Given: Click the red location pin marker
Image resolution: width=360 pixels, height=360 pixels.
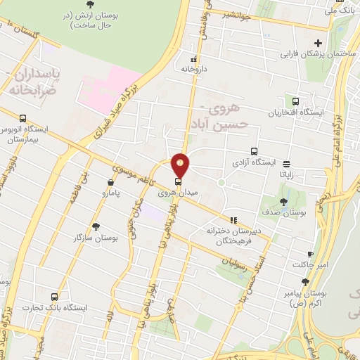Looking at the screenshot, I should click(x=181, y=165).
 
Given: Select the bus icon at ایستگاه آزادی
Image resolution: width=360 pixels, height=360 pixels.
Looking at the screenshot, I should click(x=255, y=150).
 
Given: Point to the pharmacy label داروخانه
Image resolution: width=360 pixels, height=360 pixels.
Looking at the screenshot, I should click(x=194, y=69).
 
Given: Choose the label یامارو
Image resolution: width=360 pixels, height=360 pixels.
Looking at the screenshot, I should click(x=110, y=191).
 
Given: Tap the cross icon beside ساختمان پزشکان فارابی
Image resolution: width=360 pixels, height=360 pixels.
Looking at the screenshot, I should click(x=319, y=43).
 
